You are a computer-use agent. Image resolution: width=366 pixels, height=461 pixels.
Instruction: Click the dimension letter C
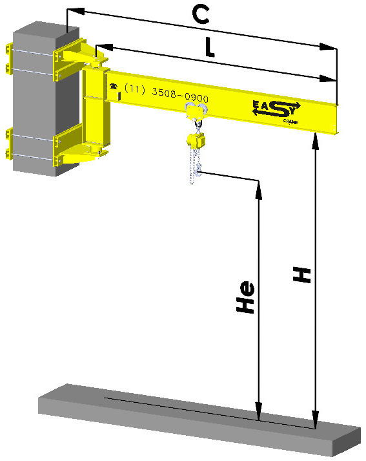pyautogui.click(x=202, y=15)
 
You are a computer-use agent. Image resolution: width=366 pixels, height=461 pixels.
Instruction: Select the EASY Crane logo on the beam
pyautogui.click(x=276, y=109)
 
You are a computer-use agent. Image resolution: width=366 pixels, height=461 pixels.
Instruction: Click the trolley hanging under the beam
pyautogui.click(x=193, y=112)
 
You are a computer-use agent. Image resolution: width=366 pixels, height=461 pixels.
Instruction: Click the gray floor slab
pyautogui.click(x=194, y=420)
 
